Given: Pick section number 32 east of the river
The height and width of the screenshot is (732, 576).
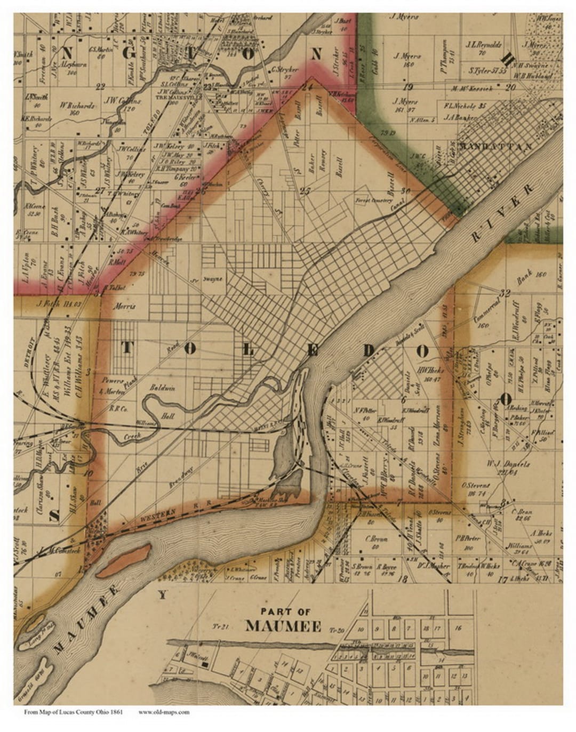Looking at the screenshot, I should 506,293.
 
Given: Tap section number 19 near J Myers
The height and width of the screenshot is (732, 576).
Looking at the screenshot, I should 409,87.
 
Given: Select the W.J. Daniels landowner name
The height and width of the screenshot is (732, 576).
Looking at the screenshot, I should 501,463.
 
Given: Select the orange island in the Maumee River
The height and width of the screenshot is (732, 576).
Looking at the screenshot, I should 123,560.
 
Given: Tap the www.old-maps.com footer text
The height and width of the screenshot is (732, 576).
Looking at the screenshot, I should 164,712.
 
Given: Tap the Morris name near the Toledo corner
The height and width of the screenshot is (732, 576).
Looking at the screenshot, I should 125,307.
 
